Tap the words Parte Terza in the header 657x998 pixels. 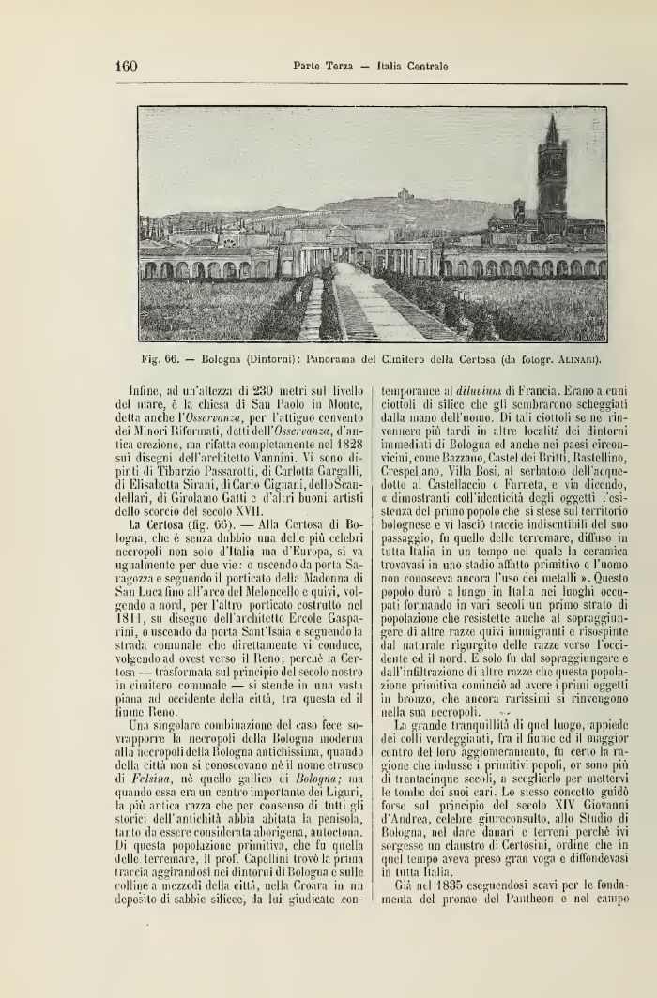tap(323, 67)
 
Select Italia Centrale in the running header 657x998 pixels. tap(411, 67)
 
